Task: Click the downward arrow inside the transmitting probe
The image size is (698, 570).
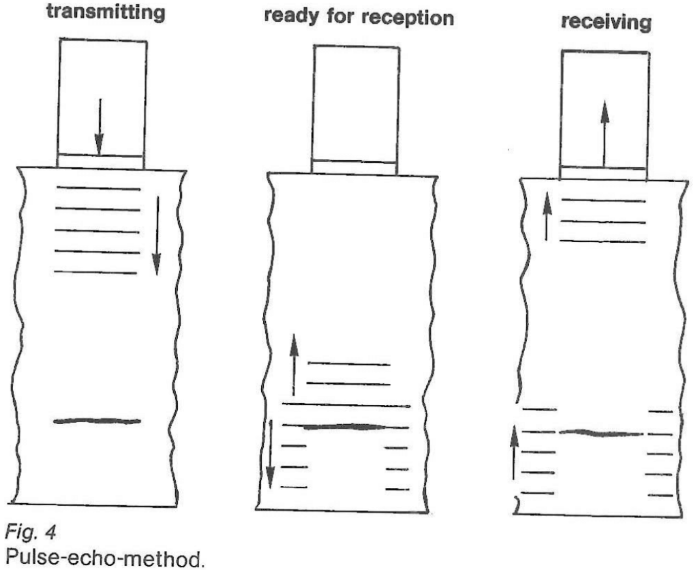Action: point(100,126)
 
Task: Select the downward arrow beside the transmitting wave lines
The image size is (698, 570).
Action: point(156,235)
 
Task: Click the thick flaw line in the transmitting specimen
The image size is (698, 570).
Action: point(97,421)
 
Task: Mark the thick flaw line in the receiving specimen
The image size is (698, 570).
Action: point(601,433)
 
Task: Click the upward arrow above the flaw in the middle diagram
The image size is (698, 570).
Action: point(294,365)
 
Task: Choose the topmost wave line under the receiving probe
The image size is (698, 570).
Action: point(602,200)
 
